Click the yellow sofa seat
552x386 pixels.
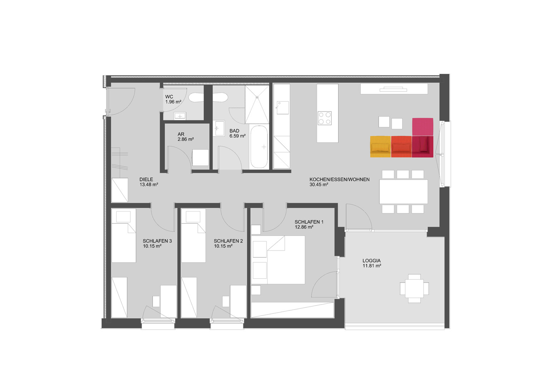click(x=380, y=147)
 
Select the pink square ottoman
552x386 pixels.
click(x=422, y=127)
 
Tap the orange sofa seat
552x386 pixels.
click(x=401, y=147)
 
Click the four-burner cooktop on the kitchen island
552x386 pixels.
click(x=325, y=118)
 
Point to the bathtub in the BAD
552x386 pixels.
click(x=259, y=147)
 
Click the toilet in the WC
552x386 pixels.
click(x=196, y=97)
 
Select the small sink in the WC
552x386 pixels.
click(x=180, y=116)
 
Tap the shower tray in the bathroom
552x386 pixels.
click(x=257, y=104)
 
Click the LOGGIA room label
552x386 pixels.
click(x=372, y=261)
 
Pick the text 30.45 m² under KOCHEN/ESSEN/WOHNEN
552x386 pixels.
click(x=319, y=184)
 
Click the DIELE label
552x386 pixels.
click(x=146, y=179)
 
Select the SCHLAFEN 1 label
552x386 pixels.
click(x=309, y=222)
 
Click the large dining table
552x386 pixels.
click(x=404, y=192)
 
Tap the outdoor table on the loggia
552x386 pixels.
click(x=414, y=288)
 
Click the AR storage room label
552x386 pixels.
click(x=181, y=134)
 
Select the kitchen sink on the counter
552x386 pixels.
click(x=282, y=108)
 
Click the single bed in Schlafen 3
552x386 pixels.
click(x=124, y=236)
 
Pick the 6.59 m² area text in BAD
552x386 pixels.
click(x=238, y=136)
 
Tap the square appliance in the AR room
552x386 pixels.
click(x=200, y=158)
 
